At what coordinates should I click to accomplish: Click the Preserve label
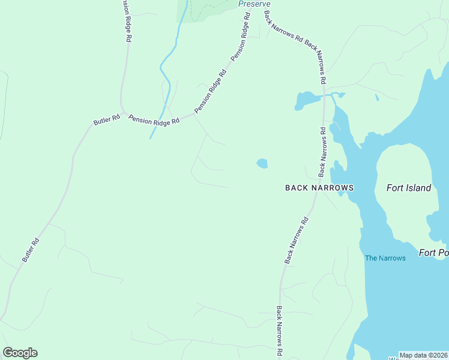(x=254, y=4)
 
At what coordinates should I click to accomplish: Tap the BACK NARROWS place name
(x=319, y=188)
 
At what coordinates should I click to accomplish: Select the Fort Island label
(x=408, y=188)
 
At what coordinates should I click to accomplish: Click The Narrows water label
(x=385, y=258)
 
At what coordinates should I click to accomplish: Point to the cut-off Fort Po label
(x=433, y=253)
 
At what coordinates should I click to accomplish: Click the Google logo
(x=20, y=353)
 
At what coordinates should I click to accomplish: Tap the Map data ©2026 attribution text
(x=423, y=355)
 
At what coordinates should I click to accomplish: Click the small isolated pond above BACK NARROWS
(x=262, y=163)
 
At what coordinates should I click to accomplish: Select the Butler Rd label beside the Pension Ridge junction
(x=103, y=118)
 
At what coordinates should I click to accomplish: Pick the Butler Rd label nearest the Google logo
(x=31, y=250)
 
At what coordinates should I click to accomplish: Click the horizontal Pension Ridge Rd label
(x=154, y=121)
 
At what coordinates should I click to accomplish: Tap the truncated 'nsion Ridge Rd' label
(x=125, y=20)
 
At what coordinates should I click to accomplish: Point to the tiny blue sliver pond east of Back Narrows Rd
(x=376, y=97)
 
